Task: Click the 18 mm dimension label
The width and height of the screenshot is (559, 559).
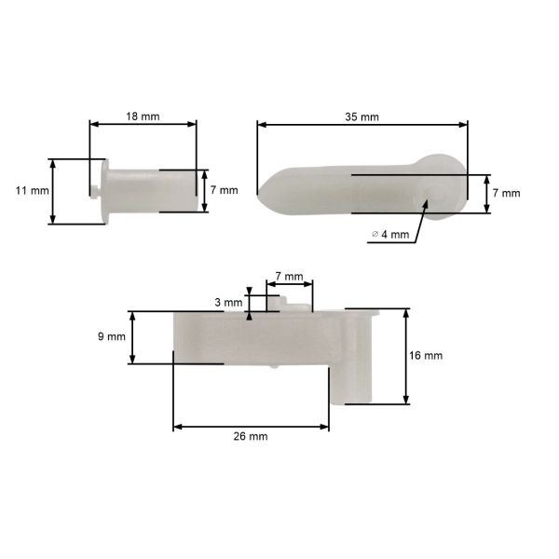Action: pos(143,116)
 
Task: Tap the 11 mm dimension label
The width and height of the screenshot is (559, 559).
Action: pos(32,191)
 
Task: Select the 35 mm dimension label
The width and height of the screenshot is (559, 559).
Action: pos(361,117)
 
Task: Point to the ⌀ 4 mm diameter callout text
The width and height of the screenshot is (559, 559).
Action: pos(390,234)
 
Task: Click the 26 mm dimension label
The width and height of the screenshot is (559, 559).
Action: pos(251,436)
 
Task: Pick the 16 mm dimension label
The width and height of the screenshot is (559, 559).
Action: pos(426,356)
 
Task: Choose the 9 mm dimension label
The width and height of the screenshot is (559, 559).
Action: pos(112,336)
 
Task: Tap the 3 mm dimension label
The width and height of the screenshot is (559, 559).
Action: pos(228,303)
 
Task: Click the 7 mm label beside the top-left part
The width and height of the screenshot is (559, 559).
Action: pos(224,190)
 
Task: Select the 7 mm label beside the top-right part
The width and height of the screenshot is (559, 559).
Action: pos(506,193)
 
